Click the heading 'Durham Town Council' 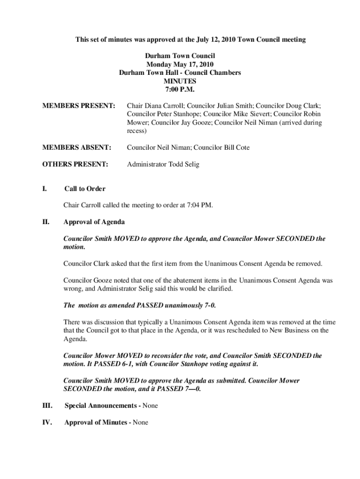(180, 56)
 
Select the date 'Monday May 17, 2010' (180, 65)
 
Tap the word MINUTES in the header (180, 81)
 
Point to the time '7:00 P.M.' (180, 89)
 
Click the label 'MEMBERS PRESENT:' (79, 106)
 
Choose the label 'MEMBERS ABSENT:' (77, 147)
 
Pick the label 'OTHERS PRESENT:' (75, 164)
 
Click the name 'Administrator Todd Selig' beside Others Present (162, 164)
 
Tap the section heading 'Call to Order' (85, 189)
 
